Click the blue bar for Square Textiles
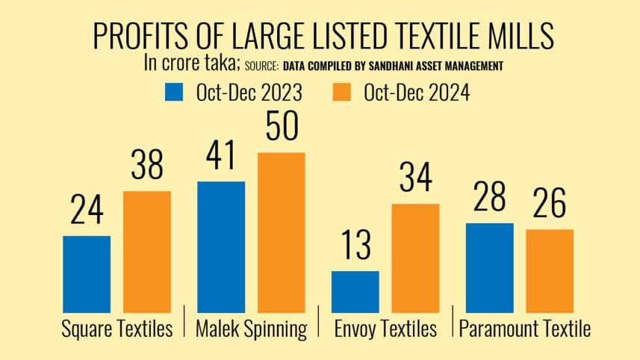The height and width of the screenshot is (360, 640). pos(87,274)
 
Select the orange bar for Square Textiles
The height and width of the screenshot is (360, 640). pos(147,252)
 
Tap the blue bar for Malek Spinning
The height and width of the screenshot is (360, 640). pos(221,246)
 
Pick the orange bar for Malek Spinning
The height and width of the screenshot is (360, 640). pos(282,232)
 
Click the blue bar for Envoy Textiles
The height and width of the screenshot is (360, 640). pos(355,291)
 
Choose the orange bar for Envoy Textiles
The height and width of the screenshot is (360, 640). pos(415,258)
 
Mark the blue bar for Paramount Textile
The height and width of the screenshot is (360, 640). pos(489,267)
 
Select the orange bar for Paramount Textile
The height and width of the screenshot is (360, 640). pos(550,270)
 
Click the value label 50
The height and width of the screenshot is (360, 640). pos(282,127)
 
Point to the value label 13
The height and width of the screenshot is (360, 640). pos(355,246)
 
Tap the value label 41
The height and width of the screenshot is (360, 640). pos(221,156)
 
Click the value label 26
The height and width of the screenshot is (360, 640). pos(550,204)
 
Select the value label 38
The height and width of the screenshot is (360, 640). pos(147,166)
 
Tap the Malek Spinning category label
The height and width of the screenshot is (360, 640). pos(251,329)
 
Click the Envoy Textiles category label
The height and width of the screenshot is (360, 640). pos(385,329)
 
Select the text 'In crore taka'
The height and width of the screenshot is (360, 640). pos(192,63)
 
